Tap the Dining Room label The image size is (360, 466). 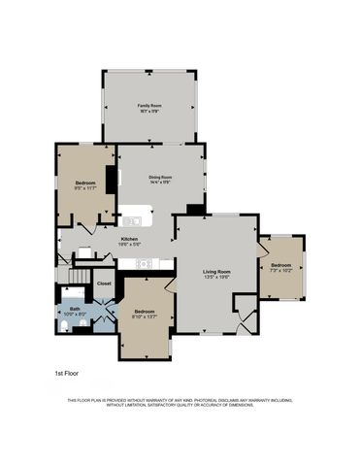pos(160,177)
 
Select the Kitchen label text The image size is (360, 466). pos(129,238)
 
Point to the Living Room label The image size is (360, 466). pos(215,271)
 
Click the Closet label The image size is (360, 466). pos(104,284)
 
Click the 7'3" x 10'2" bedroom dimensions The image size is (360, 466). pos(281,272)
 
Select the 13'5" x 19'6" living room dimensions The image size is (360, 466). pos(215,278)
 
